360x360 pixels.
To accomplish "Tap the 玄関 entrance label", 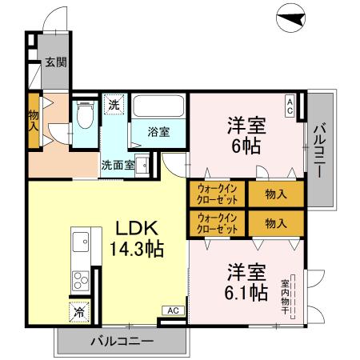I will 54,61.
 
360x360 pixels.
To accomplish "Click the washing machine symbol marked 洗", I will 114,104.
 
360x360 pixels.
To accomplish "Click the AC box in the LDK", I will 172,309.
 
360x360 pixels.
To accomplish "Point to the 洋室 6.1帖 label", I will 246,282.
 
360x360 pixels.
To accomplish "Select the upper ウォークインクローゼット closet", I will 218,194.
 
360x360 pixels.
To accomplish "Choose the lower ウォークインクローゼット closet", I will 218,222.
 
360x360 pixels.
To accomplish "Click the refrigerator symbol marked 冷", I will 80,312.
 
